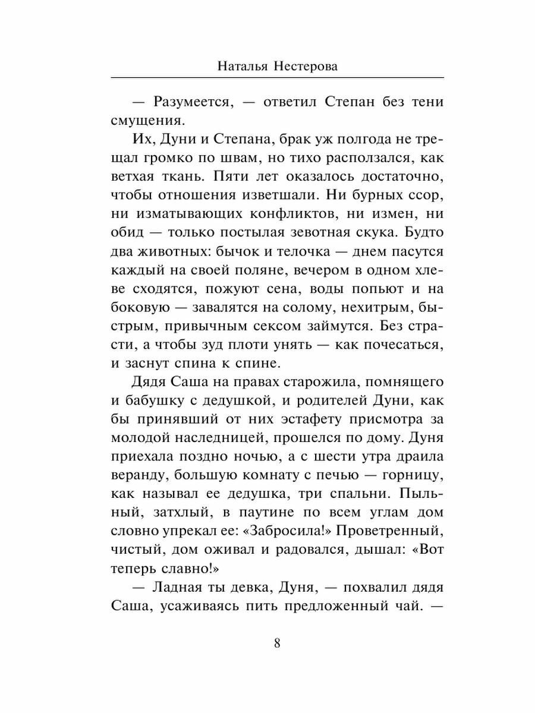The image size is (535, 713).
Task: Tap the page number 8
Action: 278,643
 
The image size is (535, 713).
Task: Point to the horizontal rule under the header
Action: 277,77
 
